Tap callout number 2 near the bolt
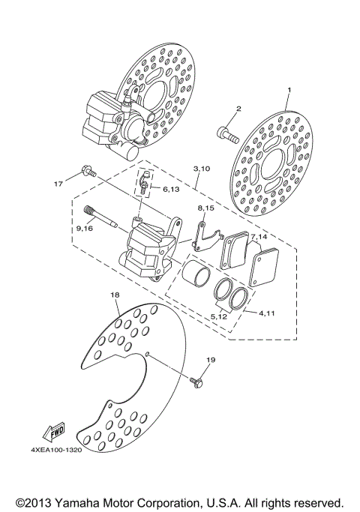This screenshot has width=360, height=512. click(x=238, y=109)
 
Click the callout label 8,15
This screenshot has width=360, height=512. click(x=206, y=207)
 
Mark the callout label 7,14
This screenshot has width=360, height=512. click(x=259, y=237)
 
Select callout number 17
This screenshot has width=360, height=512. click(x=57, y=182)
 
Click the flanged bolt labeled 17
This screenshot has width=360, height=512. click(x=87, y=173)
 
